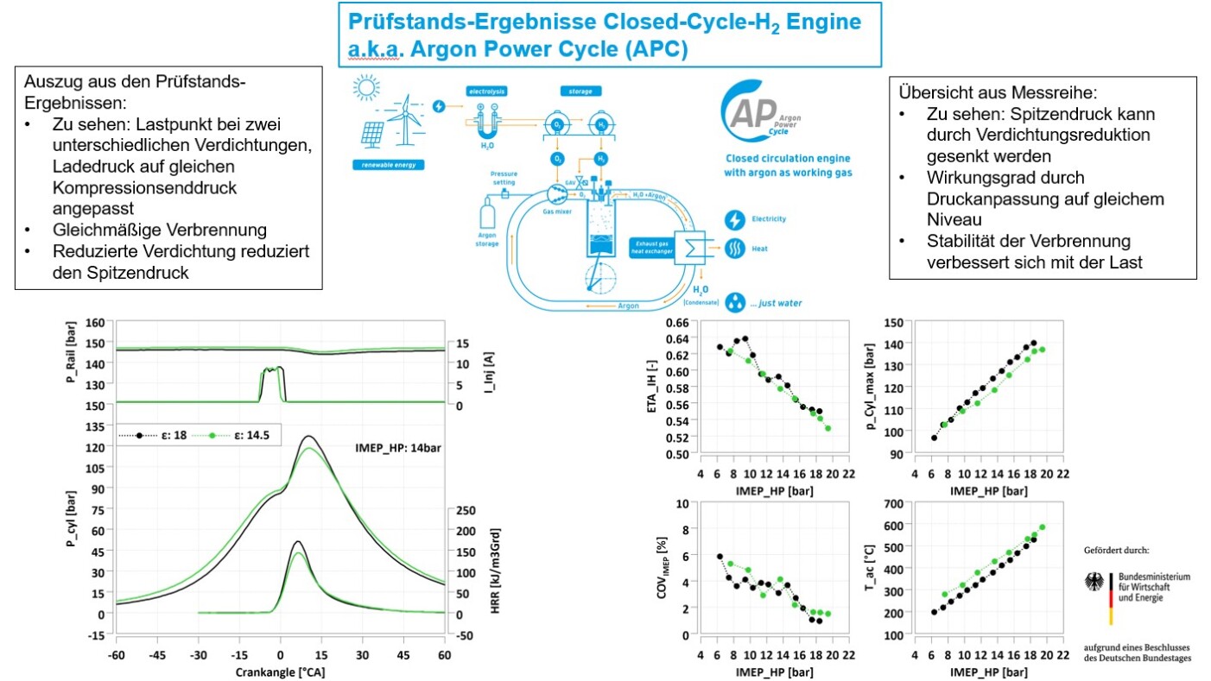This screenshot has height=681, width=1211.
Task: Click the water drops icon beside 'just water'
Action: pos(736,302)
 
